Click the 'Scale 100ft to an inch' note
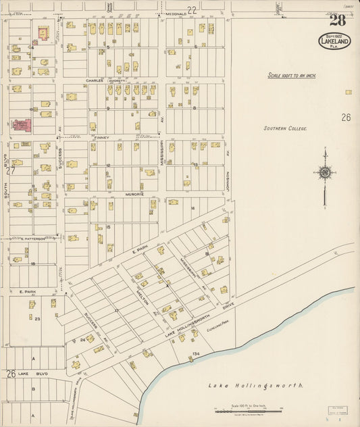click(292, 76)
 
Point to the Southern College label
click(285, 128)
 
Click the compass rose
click(325, 172)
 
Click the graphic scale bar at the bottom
click(248, 409)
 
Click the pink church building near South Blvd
click(21, 125)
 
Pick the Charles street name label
click(95, 80)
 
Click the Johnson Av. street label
click(228, 180)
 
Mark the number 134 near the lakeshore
click(197, 353)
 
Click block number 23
click(38, 318)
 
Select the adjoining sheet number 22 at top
click(192, 9)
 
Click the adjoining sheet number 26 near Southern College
click(346, 117)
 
